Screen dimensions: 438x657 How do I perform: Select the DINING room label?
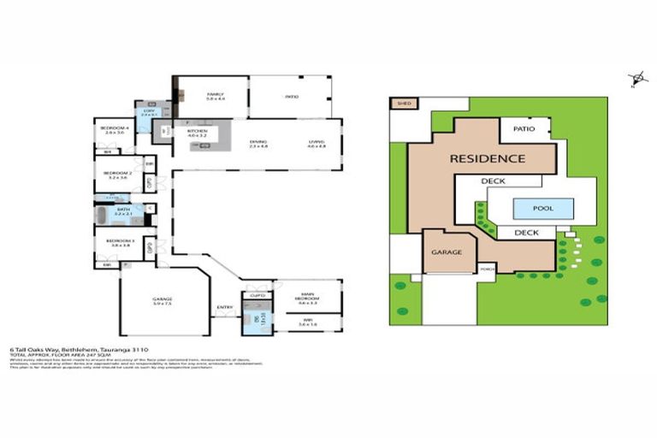(x=258, y=144)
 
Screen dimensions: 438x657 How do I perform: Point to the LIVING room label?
(x=317, y=144)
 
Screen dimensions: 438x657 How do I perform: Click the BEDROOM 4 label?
(x=114, y=130)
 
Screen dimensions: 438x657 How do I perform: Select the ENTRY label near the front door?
(x=225, y=307)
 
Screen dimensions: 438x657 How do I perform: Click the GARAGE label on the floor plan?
(x=163, y=299)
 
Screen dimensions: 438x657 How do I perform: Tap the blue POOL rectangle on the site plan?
(x=542, y=207)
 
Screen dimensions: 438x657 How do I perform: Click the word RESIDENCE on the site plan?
(x=488, y=158)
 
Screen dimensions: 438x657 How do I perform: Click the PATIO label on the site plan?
(x=524, y=129)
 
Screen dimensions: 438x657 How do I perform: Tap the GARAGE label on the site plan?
(x=447, y=253)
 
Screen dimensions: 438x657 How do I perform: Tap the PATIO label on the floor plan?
(x=292, y=97)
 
